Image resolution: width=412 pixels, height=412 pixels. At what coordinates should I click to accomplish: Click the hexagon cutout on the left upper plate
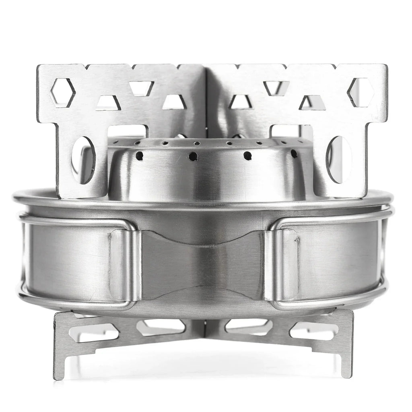[x=62, y=93]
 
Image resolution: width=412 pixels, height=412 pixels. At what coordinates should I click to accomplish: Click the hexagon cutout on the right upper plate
[x=360, y=93]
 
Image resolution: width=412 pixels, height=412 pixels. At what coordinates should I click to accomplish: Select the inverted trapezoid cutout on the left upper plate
[x=141, y=88]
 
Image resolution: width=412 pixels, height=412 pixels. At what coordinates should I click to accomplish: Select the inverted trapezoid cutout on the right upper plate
[x=276, y=88]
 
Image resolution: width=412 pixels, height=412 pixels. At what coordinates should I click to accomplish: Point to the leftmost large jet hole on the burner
[x=139, y=156]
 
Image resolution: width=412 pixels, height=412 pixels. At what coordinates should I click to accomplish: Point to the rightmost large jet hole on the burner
[x=294, y=154]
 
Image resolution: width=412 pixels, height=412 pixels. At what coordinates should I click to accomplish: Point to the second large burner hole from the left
[x=193, y=156]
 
